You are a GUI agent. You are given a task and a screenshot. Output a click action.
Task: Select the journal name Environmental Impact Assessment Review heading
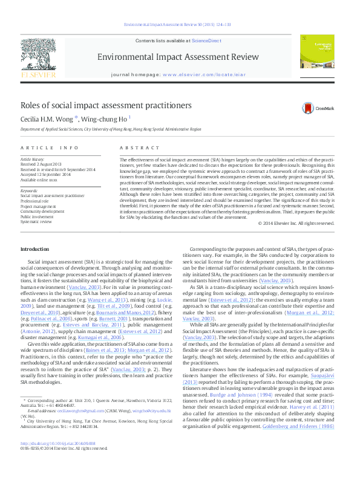click(x=179, y=57)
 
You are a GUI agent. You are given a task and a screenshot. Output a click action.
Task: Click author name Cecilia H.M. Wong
click(x=47, y=119)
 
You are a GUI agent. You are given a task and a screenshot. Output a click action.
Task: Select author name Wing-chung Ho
click(x=102, y=119)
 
